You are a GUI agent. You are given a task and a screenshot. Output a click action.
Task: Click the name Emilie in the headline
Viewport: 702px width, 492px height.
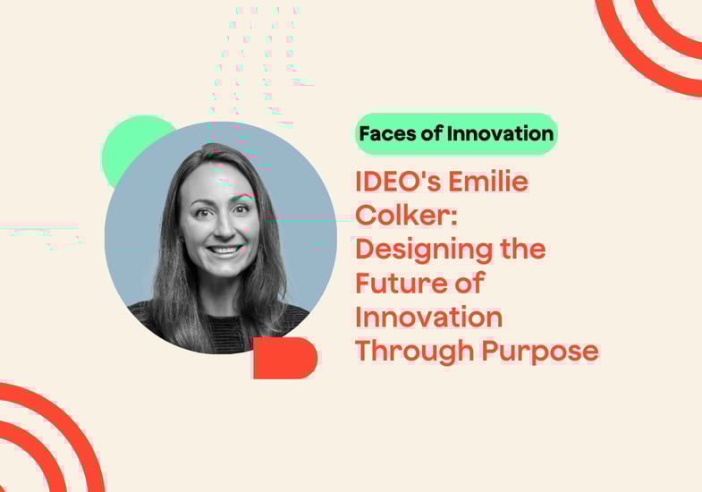click(488, 182)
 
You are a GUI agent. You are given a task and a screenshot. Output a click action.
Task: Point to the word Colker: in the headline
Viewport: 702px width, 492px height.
click(407, 215)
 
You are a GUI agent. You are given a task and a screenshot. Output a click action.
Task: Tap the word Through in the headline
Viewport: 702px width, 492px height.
click(415, 352)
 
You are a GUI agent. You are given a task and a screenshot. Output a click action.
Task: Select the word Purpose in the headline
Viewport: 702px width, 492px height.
click(540, 352)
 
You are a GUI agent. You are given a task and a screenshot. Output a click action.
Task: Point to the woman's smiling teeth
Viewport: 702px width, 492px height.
click(225, 250)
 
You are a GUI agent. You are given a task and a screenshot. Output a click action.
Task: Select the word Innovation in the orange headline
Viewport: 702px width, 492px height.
click(429, 318)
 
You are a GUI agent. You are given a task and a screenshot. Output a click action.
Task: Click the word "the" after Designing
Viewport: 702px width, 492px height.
click(523, 249)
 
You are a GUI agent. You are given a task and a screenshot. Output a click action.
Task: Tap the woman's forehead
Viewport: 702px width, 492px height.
click(218, 182)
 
